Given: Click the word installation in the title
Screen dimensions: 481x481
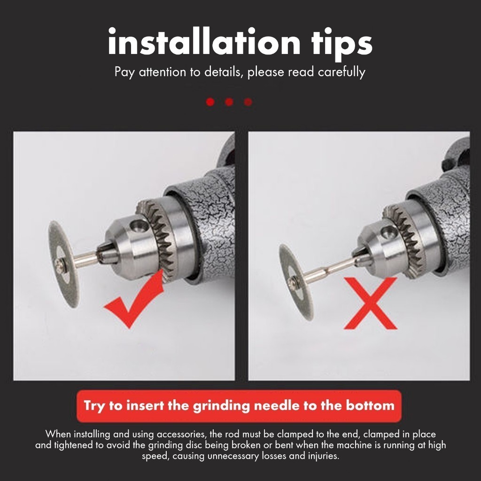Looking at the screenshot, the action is [204, 41].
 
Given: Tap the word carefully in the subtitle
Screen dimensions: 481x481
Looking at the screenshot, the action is [341, 72].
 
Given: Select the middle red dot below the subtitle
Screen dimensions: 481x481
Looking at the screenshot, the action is [229, 102].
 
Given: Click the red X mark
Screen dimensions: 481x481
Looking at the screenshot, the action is [370, 303].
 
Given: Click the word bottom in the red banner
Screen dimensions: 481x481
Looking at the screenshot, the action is [370, 405].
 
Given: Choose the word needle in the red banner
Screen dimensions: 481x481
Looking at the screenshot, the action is [276, 405].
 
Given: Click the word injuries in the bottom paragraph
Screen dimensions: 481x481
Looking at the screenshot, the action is [323, 456].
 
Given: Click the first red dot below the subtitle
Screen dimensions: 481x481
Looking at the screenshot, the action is [210, 102].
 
